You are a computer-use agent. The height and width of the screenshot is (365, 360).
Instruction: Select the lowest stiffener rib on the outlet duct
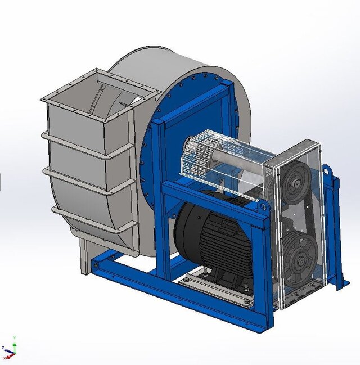click(93, 219)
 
